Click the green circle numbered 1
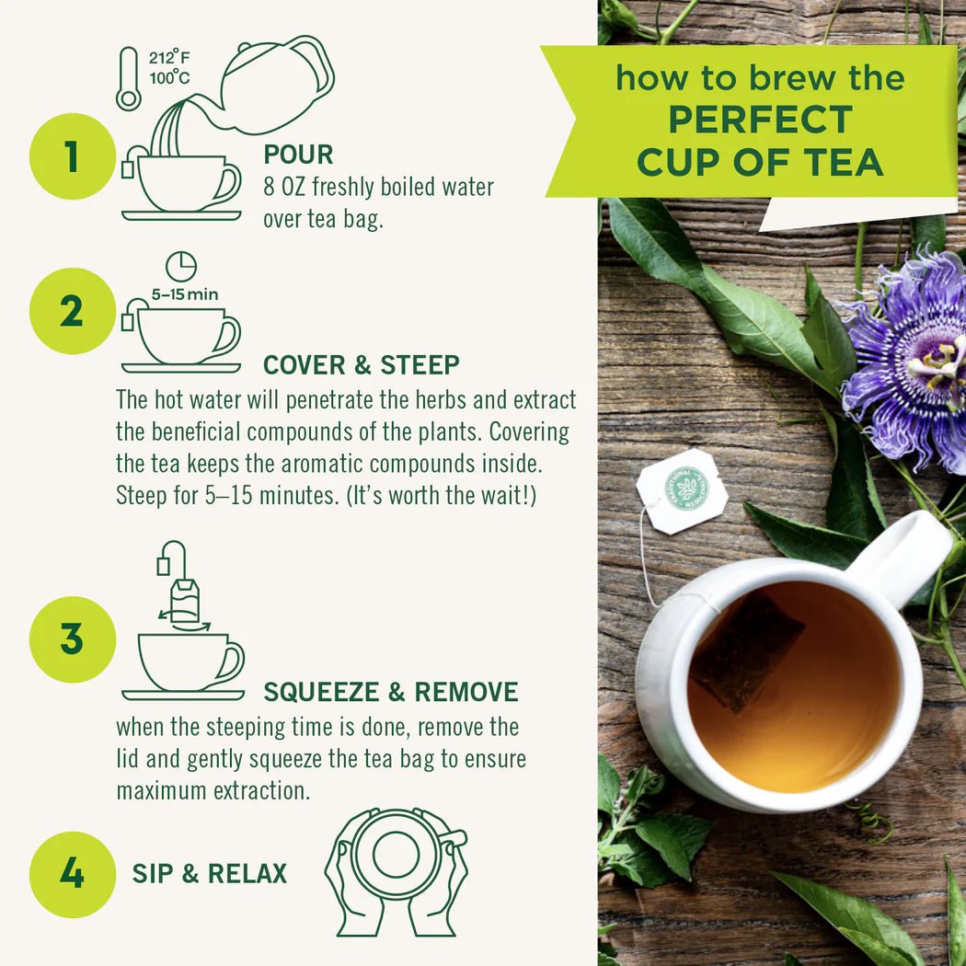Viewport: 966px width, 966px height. (73, 156)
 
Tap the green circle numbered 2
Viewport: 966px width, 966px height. (73, 312)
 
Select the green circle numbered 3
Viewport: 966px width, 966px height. (73, 639)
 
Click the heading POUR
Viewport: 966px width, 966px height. (298, 155)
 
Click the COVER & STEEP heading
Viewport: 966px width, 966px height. (361, 365)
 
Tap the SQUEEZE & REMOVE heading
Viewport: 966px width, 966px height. (390, 692)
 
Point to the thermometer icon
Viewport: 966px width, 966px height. (128, 79)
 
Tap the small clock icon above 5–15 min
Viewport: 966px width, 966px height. (181, 267)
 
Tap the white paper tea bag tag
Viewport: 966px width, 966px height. (683, 490)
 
